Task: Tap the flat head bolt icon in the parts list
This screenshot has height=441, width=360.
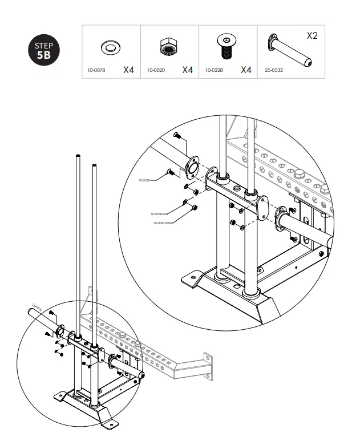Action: tap(227, 47)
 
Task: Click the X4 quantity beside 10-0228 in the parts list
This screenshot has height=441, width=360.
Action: tap(246, 70)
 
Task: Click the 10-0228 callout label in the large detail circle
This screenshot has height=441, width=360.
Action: tap(145, 180)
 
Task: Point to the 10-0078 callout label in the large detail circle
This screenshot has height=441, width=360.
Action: tap(157, 214)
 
